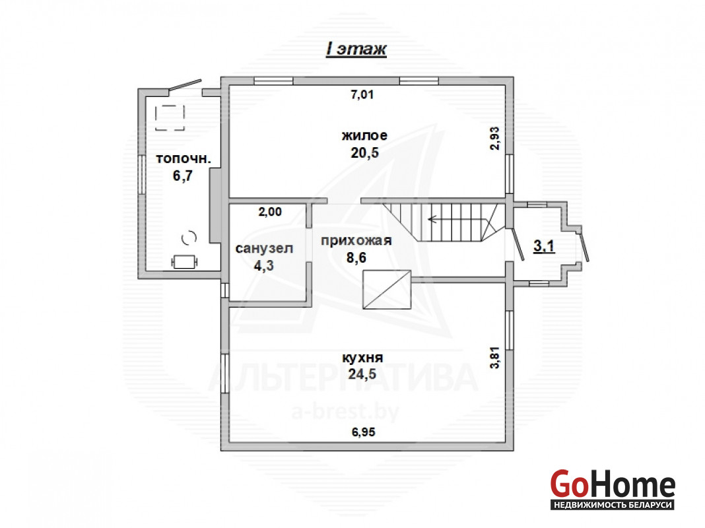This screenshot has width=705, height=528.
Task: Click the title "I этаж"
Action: [356, 49]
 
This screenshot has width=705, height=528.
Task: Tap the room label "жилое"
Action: [364, 135]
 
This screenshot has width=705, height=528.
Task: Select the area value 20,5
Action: [364, 152]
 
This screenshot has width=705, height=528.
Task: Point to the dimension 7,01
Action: [362, 95]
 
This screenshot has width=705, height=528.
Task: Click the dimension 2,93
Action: [494, 139]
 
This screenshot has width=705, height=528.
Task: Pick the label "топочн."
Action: [184, 158]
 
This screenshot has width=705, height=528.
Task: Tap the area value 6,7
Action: [183, 176]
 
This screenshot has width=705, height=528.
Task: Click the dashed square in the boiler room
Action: [170, 117]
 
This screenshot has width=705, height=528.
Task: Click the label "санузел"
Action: [264, 248]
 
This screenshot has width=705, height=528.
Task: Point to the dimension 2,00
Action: [270, 212]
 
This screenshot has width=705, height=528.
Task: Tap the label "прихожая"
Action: [356, 241]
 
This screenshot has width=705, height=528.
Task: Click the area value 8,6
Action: [356, 258]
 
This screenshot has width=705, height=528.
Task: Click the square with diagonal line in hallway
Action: [387, 289]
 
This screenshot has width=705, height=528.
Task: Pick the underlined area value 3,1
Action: [544, 246]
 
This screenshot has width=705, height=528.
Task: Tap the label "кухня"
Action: [362, 358]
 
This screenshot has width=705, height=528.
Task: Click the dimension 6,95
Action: [363, 432]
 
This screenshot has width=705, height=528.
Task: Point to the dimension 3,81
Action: [494, 358]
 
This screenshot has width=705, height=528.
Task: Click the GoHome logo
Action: [613, 489]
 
